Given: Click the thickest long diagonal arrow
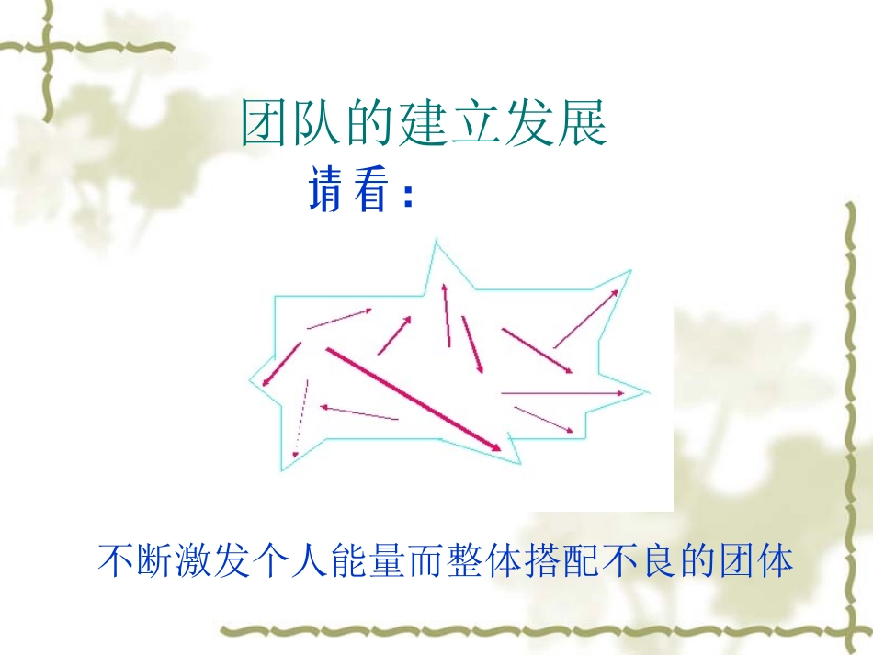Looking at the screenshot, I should pos(414,400).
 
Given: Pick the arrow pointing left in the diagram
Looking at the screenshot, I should pos(358,412).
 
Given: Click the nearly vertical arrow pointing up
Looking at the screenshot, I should pos(447,315).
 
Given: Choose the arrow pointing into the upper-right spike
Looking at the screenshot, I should pos(585,318).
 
